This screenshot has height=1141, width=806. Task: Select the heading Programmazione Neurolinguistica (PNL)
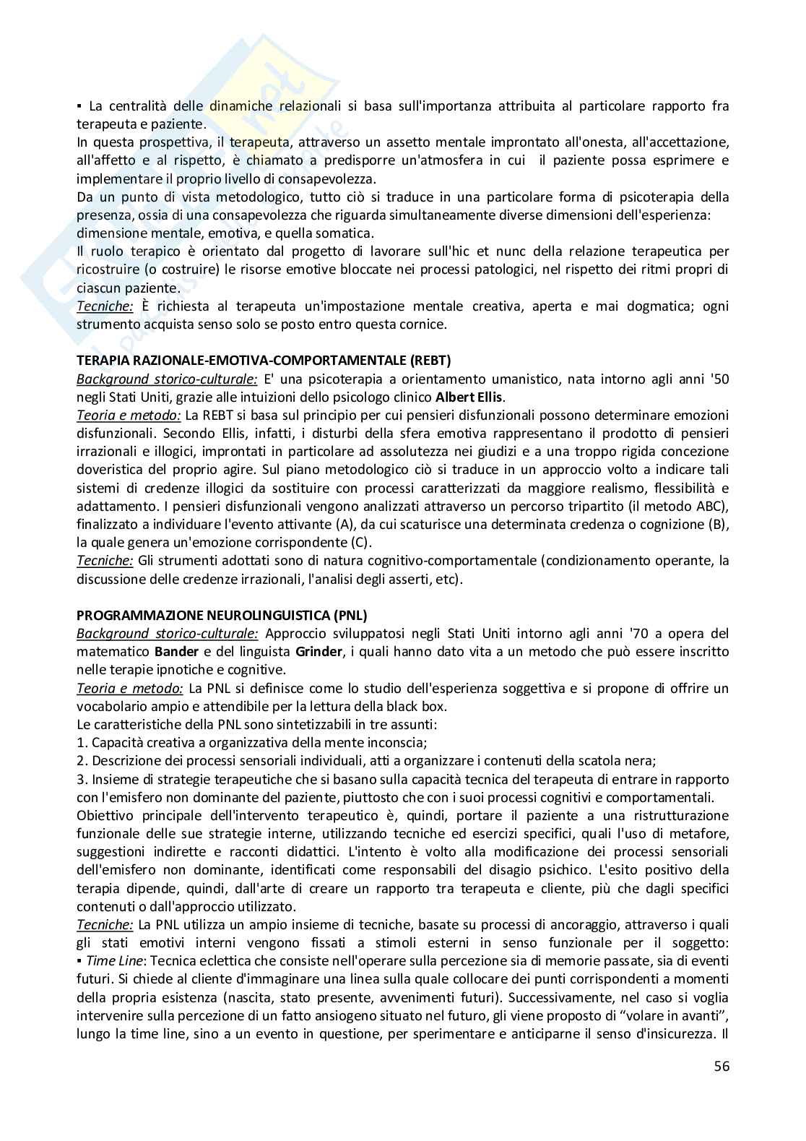point(222,615)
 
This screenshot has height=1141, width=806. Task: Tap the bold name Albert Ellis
point(471,397)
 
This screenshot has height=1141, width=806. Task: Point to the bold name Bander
point(178,651)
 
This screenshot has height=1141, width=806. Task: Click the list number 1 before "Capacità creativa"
point(80,742)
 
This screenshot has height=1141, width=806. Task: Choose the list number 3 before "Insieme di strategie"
point(80,779)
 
